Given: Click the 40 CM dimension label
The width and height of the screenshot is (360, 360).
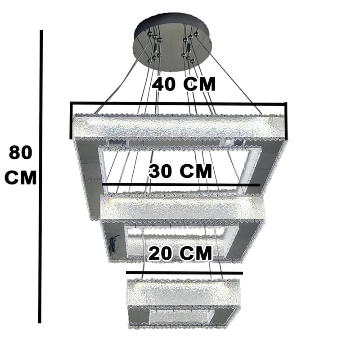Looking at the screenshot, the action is [x=184, y=84].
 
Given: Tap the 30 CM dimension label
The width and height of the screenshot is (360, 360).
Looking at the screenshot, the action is [x=180, y=171].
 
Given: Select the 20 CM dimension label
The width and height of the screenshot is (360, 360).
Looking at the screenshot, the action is [x=180, y=253].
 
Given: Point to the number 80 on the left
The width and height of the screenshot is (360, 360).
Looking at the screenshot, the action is [x=20, y=153].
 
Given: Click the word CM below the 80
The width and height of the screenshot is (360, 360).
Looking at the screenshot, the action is [x=20, y=177].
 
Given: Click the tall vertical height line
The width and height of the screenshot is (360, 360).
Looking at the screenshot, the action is [x=40, y=176].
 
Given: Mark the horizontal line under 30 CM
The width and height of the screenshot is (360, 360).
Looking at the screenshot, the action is [x=181, y=185].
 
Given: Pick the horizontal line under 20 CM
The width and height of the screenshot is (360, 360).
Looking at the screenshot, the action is [x=184, y=273].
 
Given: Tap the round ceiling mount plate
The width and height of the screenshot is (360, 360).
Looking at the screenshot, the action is [x=173, y=43].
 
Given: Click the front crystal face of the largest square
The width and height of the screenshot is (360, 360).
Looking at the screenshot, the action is [x=179, y=127].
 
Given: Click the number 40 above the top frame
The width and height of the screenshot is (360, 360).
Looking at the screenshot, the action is [x=164, y=84].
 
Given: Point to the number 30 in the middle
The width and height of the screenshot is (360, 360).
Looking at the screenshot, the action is [x=161, y=171].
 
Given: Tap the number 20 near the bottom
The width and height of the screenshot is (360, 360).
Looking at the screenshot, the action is [x=160, y=253].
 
